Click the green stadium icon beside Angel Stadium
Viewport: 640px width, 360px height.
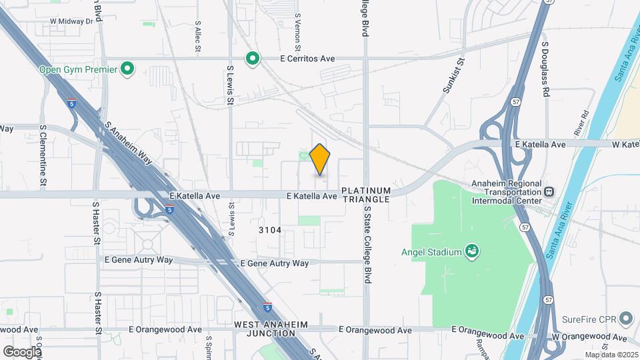pos(472,251)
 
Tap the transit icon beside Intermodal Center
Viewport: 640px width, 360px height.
pos(549,191)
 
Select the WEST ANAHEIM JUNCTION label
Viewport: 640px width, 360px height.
pos(271,329)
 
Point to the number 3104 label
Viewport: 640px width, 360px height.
pos(270,230)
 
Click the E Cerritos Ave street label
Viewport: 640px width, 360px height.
pos(307,59)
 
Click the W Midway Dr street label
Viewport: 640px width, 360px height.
pos(71,21)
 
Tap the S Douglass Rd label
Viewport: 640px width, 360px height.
pos(545,68)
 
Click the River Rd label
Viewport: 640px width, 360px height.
pos(581,121)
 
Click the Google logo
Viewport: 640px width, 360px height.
pos(22,351)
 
